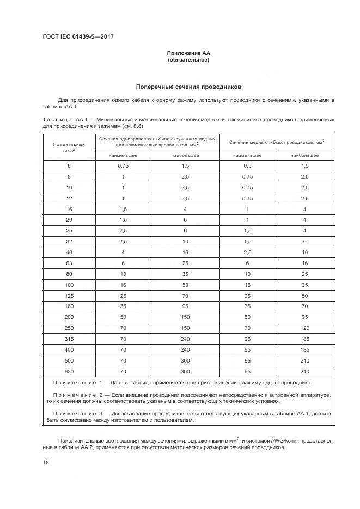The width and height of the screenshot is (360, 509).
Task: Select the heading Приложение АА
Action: tap(188, 53)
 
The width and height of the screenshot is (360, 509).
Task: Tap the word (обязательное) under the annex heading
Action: tap(188, 60)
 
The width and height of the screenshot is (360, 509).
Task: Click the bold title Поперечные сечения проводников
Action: tap(188, 87)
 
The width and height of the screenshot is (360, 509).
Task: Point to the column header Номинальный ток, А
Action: tap(69, 148)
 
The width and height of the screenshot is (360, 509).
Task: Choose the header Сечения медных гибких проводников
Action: tap(277, 142)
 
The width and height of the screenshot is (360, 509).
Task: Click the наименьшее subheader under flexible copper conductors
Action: tap(247, 155)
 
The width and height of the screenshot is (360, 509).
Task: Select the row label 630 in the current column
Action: tap(69, 371)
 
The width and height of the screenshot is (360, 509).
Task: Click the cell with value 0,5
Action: tap(247, 165)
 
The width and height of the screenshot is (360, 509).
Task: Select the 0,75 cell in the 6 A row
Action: tap(123, 165)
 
